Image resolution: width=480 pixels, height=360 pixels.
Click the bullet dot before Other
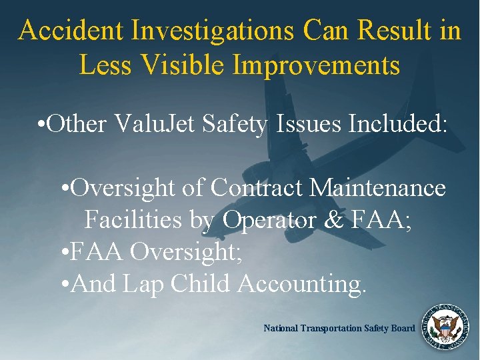click(x=42, y=125)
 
